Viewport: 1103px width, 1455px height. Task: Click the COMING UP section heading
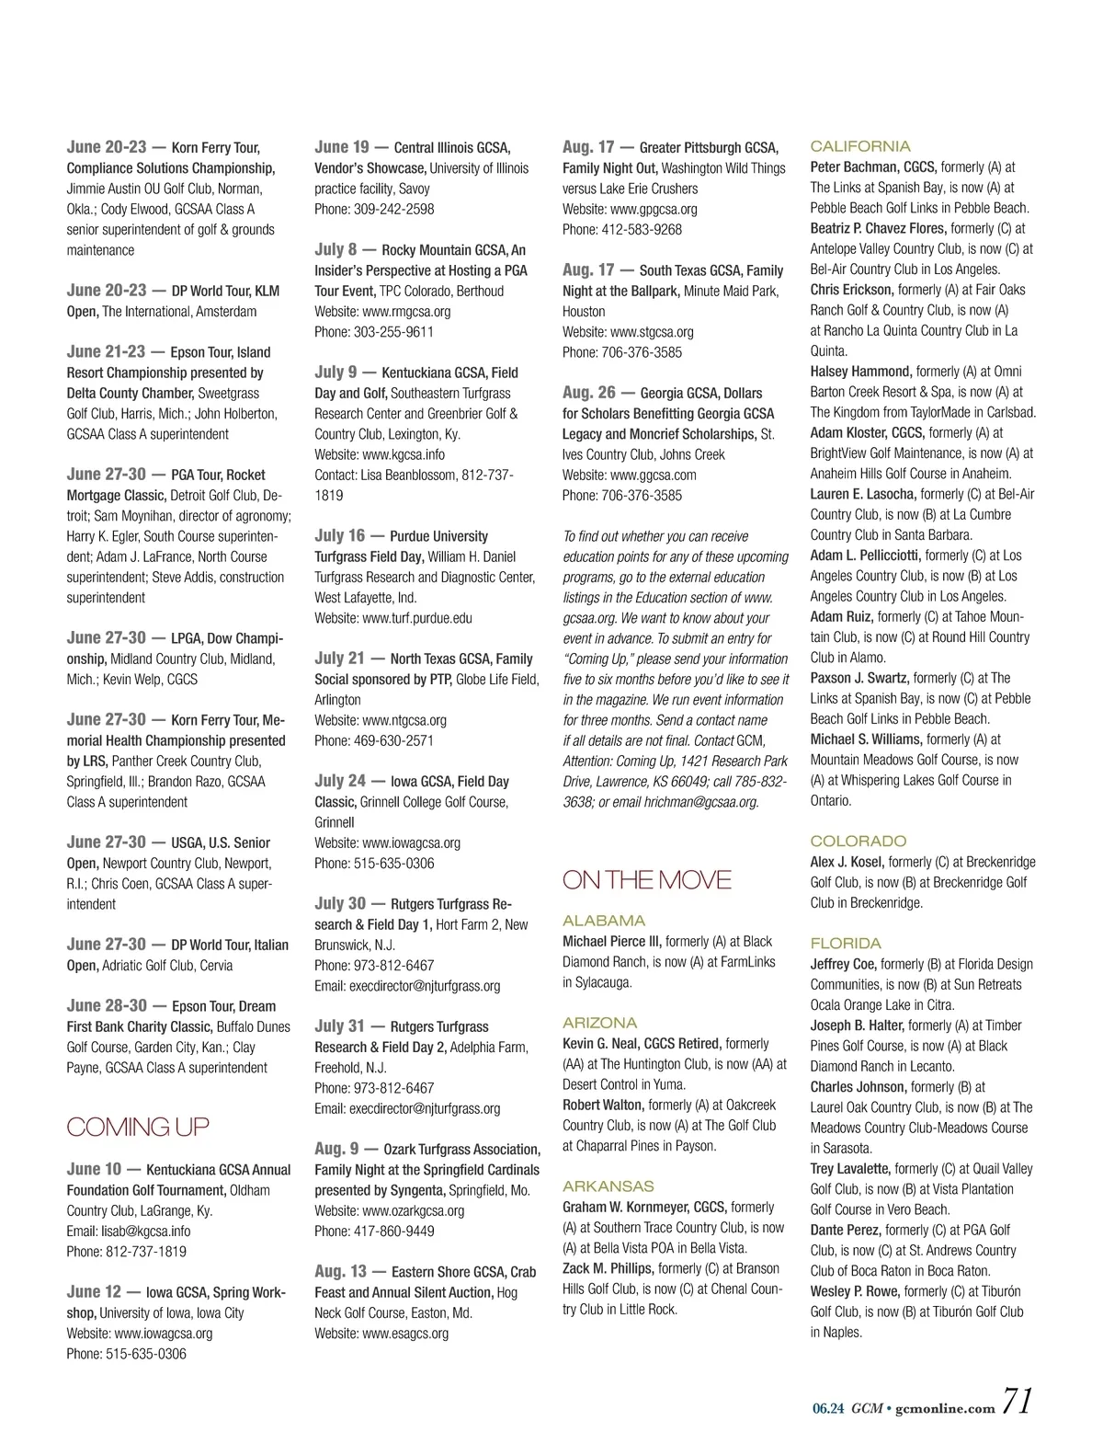click(x=138, y=1127)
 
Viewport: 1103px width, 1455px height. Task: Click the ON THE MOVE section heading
click(x=646, y=880)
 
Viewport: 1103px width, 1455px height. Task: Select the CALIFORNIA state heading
click(x=860, y=146)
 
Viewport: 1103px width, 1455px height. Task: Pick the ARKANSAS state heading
click(x=608, y=1186)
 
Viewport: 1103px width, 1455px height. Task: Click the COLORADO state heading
click(x=859, y=841)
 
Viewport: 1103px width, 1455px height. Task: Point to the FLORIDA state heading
click(x=846, y=943)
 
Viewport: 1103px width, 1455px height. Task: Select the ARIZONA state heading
click(x=599, y=1023)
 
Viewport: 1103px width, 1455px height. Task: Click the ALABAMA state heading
click(x=604, y=921)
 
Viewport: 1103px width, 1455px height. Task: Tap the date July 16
click(x=340, y=535)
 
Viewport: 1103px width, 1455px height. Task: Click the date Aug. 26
click(x=589, y=392)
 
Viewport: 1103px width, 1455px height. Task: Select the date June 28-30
click(x=106, y=1005)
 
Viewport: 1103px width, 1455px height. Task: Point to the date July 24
click(x=340, y=781)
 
